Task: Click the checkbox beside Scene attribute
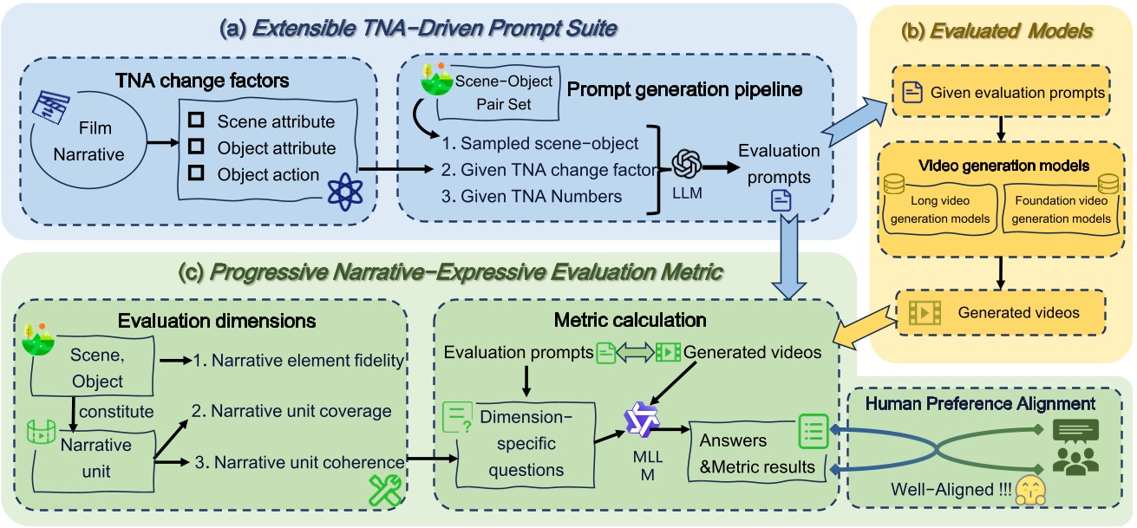coord(196,122)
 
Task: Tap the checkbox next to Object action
coord(196,174)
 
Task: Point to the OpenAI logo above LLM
coord(686,164)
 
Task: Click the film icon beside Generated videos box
coord(924,311)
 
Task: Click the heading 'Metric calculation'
coord(630,320)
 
